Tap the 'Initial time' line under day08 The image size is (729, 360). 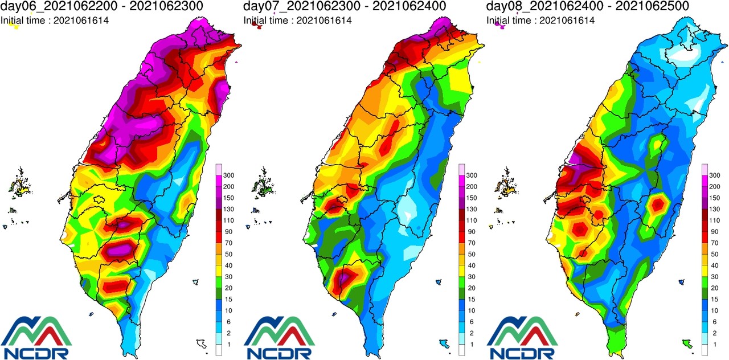[x=540, y=21]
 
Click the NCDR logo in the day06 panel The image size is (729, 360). [x=37, y=338]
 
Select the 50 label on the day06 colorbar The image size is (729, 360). [x=228, y=254]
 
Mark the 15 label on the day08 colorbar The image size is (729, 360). [x=714, y=300]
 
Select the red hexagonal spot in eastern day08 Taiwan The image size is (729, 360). [x=659, y=203]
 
